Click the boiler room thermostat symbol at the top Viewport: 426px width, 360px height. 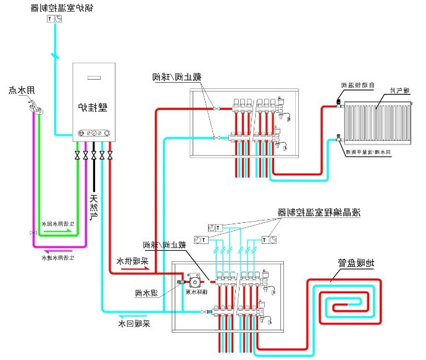click(x=54, y=19)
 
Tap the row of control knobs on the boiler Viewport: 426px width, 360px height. click(x=93, y=133)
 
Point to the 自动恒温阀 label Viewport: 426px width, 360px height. click(x=355, y=85)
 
